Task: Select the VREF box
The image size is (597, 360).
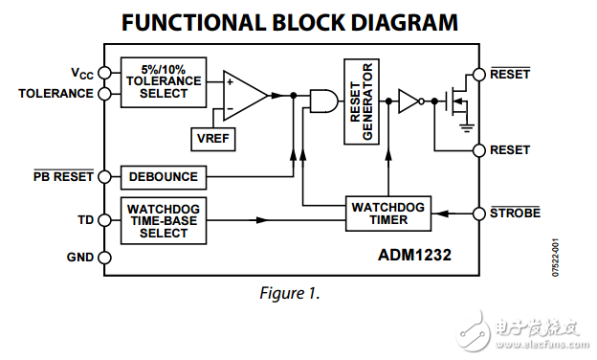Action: click(x=213, y=138)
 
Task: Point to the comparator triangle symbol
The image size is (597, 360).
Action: click(x=241, y=94)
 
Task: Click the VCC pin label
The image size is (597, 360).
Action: click(x=81, y=74)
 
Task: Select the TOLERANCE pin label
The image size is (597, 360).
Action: click(x=55, y=93)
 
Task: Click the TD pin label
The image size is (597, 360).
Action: click(x=85, y=220)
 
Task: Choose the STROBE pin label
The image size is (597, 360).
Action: click(x=515, y=213)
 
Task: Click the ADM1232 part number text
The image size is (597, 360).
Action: click(x=413, y=256)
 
